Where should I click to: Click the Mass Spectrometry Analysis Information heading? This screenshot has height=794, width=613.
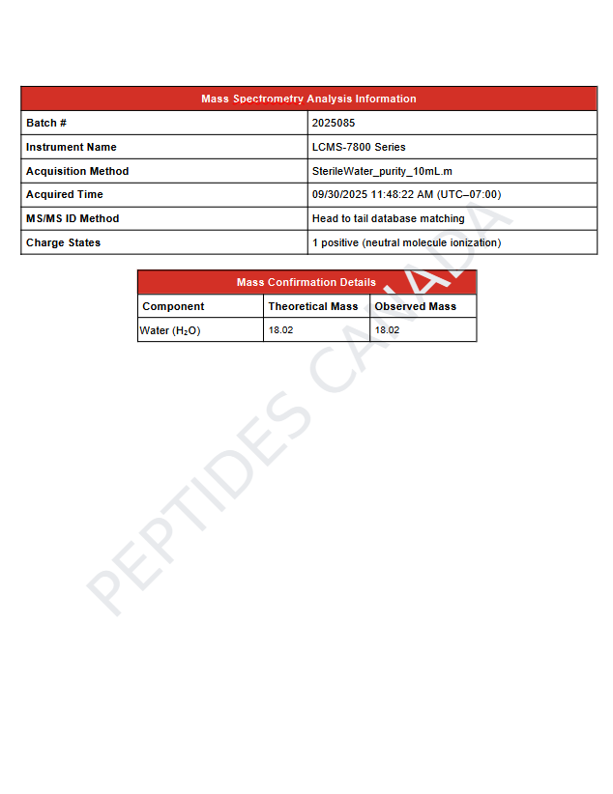[308, 99]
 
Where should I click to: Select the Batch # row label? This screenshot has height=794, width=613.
[46, 123]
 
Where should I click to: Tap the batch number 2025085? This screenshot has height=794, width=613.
[334, 123]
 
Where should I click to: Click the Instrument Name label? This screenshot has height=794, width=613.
[71, 147]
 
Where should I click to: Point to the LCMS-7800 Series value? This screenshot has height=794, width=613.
[359, 147]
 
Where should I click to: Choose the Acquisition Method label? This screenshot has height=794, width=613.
[77, 171]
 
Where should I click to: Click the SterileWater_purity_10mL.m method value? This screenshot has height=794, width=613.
[382, 171]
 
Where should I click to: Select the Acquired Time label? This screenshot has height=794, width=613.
[64, 194]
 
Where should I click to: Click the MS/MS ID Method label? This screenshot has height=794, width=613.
[73, 218]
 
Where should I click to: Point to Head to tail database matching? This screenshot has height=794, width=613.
[388, 218]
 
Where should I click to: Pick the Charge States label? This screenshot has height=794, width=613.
[63, 242]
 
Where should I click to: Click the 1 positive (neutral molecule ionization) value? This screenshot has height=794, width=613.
[406, 242]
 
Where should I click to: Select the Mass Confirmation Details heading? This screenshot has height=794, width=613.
[306, 282]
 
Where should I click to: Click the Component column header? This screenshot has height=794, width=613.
[173, 306]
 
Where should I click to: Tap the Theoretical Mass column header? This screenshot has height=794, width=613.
[313, 306]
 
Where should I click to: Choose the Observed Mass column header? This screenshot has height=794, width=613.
[415, 306]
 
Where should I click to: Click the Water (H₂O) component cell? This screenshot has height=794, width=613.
[170, 330]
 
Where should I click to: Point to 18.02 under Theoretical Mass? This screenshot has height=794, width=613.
[280, 330]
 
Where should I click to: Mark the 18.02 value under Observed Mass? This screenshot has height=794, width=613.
[387, 330]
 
